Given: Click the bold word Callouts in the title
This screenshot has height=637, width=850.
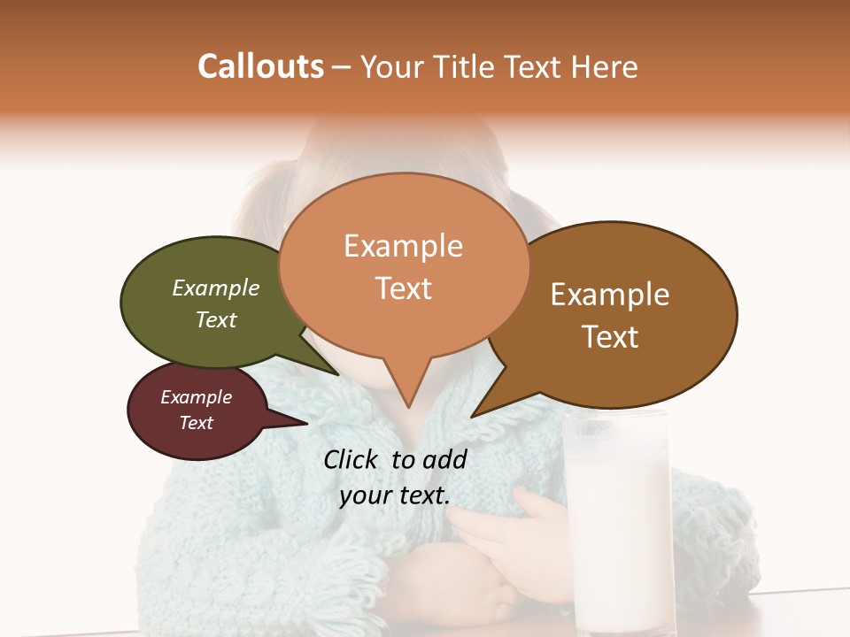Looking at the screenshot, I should point(260,66).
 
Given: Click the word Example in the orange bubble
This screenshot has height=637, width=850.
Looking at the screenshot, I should point(403,246).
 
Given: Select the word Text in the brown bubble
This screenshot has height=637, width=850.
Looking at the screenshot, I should point(610,337).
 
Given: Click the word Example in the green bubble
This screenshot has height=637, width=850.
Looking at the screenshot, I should point(216,288).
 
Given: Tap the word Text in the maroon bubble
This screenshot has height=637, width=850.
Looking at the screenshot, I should point(196,423).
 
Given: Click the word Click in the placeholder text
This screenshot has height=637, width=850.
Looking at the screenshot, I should point(352,459).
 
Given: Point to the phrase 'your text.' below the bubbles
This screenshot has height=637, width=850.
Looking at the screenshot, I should point(394,496).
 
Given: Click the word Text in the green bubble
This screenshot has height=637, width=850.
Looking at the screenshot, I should point(216,319).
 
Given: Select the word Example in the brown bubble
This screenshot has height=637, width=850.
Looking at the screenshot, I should point(610,295).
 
